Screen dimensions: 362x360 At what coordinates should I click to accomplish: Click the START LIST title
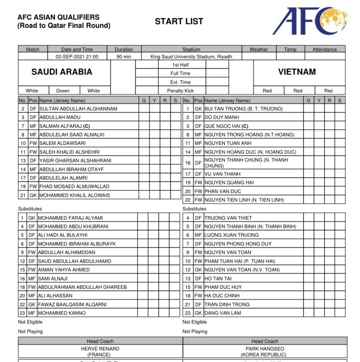coord(179,21)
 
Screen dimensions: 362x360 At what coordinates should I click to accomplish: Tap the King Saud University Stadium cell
coord(191,57)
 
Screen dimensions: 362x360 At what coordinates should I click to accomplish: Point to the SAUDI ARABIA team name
coord(62,72)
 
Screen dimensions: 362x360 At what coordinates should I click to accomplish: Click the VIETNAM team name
coord(297,72)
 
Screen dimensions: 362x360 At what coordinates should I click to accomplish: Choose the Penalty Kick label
coord(180,90)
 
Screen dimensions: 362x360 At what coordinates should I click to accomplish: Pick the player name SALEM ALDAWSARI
coord(62,143)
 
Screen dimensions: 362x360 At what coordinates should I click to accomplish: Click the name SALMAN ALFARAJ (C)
coord(65,126)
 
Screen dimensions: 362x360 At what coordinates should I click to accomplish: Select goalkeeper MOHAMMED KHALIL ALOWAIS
coord(74,195)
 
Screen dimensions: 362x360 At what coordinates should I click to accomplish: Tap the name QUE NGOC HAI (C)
coord(226,126)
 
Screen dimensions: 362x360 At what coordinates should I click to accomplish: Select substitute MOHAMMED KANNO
coord(62,313)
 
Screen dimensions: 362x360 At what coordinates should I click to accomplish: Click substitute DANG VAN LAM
coord(223,313)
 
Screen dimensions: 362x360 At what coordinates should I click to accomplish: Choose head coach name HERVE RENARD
coord(100,349)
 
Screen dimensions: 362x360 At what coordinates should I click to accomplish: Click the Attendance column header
coord(325,49)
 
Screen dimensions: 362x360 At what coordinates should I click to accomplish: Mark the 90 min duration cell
coord(124,57)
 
